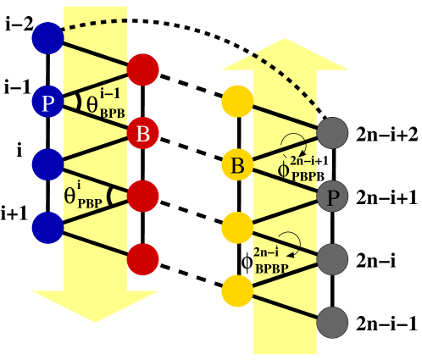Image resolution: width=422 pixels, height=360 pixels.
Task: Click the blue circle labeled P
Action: (47, 102)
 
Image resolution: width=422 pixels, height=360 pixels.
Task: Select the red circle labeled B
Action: (143, 133)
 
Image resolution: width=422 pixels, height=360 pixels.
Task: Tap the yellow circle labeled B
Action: (237, 165)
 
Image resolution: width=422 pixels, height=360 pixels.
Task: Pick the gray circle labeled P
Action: (332, 197)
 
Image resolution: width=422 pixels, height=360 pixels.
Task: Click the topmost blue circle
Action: (47, 38)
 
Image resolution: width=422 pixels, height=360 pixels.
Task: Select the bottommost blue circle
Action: (47, 227)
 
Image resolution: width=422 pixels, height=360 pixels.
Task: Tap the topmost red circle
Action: (143, 69)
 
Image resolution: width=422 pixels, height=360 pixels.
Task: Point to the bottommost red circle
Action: (143, 259)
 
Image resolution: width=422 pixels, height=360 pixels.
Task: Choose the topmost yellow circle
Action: (237, 102)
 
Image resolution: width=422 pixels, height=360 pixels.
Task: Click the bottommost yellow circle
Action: (237, 291)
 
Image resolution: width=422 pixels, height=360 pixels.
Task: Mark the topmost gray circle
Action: (332, 133)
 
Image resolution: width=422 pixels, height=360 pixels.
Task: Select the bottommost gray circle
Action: (332, 323)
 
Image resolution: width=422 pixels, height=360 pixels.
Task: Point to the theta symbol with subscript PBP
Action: (71, 196)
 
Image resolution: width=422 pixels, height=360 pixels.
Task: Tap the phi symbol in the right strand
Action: (284, 169)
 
